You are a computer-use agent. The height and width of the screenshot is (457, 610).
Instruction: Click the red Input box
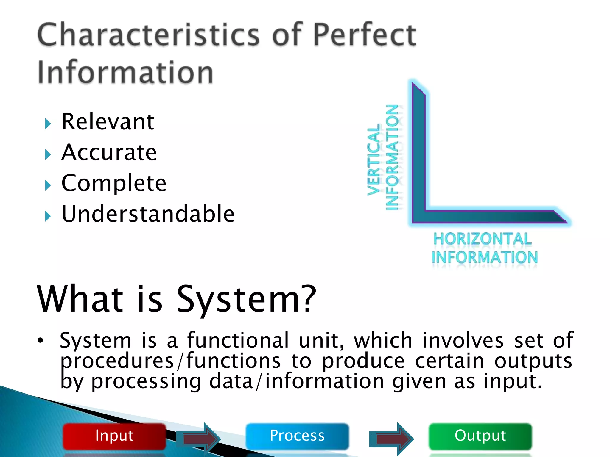coord(114,436)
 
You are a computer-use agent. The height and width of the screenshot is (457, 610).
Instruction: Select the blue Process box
coord(297,436)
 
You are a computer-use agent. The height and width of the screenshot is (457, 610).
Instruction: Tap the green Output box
coord(480,436)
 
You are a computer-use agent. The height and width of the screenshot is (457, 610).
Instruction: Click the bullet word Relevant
coord(108,122)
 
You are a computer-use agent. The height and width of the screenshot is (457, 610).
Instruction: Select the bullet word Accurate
coord(109,152)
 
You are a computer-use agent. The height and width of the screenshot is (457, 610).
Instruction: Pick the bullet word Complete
coord(114,183)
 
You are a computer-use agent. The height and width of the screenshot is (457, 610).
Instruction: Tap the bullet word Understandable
coord(148,214)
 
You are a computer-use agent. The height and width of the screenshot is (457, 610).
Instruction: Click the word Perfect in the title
coord(364,35)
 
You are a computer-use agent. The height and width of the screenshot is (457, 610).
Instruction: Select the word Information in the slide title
coord(125,72)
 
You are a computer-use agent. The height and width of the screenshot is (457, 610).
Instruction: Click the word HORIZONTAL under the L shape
coord(482,239)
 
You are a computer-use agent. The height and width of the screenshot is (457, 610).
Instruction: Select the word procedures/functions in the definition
coord(170,361)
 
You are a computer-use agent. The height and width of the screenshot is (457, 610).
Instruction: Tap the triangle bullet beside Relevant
coord(48,123)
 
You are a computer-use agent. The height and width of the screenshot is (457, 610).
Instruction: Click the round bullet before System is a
coord(41,340)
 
